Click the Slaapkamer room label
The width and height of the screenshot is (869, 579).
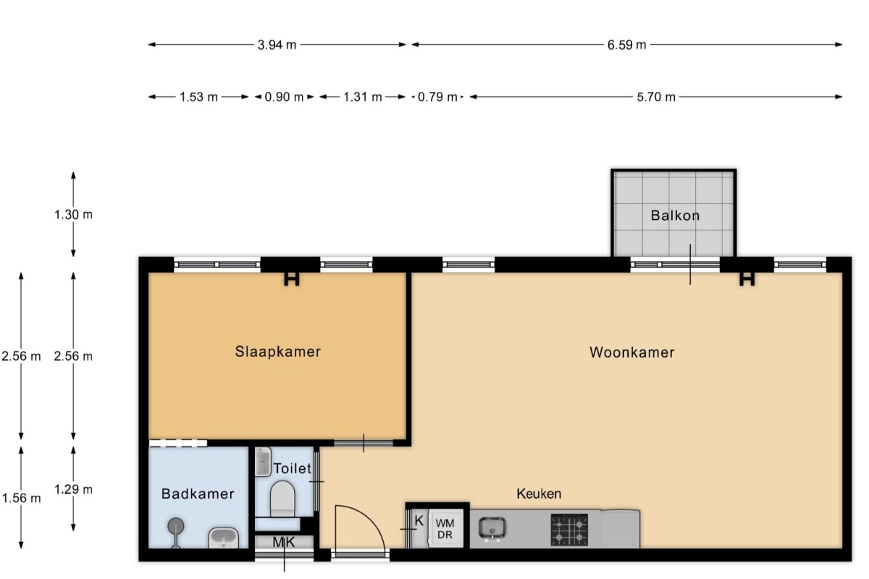278,351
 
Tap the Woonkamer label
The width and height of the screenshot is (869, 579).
632,352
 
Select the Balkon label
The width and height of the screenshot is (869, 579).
675,215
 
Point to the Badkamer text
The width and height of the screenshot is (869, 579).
198,494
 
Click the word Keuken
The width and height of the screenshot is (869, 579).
539,494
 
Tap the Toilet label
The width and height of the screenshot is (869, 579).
292,468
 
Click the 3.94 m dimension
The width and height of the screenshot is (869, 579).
277,45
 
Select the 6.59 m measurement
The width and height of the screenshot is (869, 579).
626,45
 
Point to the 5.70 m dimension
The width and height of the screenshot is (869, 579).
656,97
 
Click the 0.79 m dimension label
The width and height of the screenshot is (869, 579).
437,97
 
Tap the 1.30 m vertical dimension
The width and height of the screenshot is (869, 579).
73,214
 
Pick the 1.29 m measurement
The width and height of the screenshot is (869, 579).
73,489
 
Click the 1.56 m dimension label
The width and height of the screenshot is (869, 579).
21,498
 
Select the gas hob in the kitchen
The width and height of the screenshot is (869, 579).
569,530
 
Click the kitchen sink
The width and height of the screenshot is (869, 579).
492,528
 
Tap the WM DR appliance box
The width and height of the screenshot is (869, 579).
445,528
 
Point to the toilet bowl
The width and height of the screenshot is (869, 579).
282,499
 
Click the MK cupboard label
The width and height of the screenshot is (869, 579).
284,542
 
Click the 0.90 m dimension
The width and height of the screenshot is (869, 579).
284,97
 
